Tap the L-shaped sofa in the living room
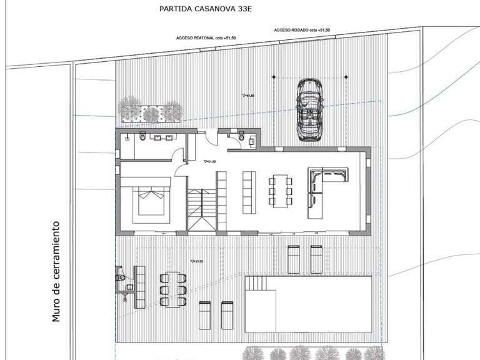(325, 187)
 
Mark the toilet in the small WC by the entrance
(241, 136)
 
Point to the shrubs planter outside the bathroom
(150, 111)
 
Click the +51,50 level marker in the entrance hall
(210, 162)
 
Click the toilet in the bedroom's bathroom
(143, 137)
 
